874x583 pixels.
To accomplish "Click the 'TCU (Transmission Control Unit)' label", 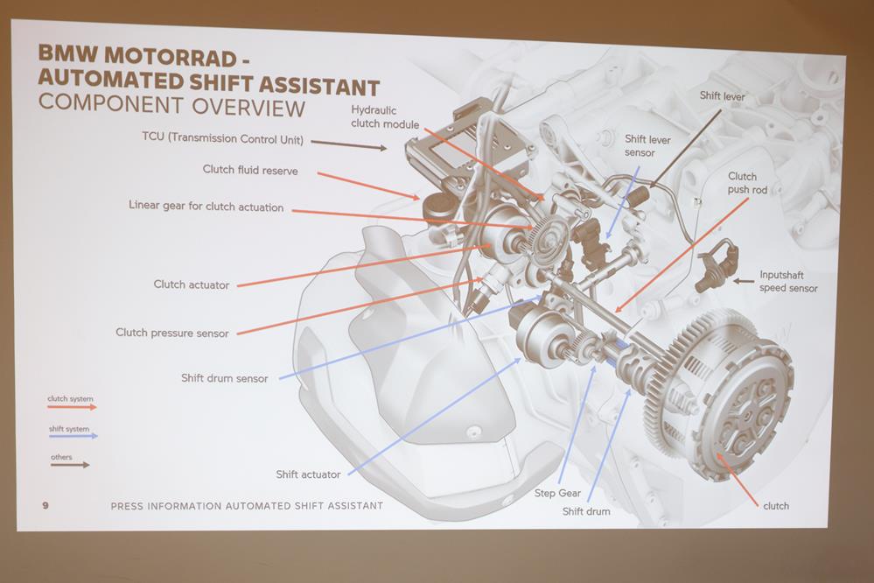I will pos(222,137).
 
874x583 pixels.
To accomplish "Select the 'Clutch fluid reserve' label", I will pos(250,170).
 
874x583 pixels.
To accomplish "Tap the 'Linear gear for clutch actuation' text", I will pos(206,207).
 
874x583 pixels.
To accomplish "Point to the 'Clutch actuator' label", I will pos(192,284).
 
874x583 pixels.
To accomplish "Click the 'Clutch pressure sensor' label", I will pos(172,333).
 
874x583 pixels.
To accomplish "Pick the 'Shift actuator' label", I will pos(308,474).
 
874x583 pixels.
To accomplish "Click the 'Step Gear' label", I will pos(557,494).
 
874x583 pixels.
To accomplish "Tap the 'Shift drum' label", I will pos(586,511).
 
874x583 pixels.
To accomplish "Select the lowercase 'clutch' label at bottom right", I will pos(775,506).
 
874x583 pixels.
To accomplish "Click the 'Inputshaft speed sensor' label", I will pos(788,281).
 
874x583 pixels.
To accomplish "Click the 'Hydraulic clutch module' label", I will pos(385,116).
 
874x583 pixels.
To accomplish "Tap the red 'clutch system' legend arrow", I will pos(72,407).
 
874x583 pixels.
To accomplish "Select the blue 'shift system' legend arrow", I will pos(72,435).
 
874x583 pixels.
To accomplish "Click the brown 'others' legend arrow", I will pos(70,465).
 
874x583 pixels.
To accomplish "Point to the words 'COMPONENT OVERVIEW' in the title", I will pos(171,108).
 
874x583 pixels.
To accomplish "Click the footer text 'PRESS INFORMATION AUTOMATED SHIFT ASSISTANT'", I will pos(247,506).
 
